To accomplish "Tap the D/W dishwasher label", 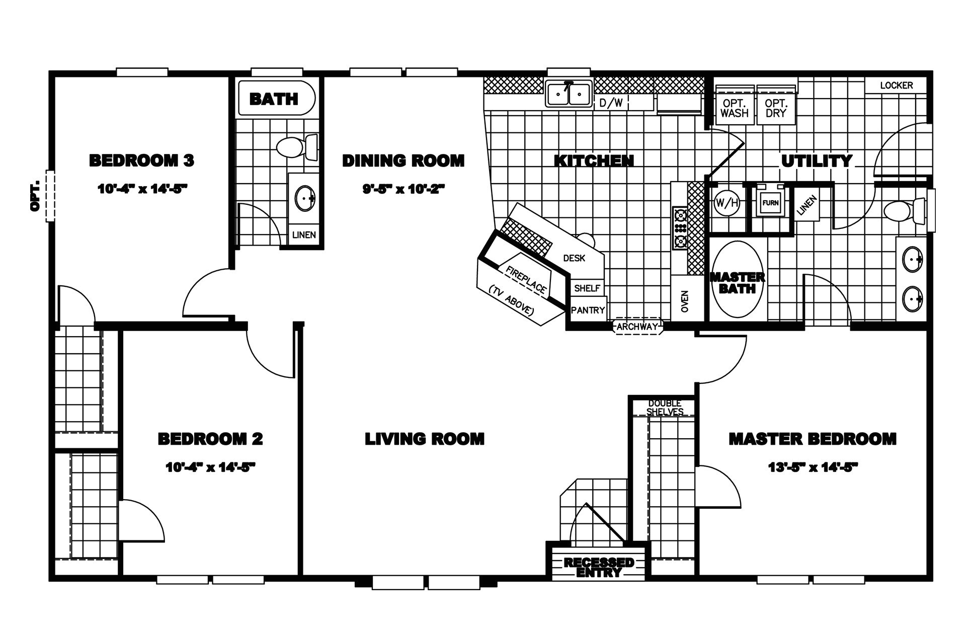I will click(x=611, y=104).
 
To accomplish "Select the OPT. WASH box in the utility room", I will click(x=734, y=108).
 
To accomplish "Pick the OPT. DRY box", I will click(x=776, y=108).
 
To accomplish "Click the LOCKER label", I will click(x=896, y=86).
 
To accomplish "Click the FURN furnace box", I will click(x=770, y=203).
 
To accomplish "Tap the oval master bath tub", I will click(x=737, y=279).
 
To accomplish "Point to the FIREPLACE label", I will click(x=526, y=280).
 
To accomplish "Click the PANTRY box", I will click(x=588, y=310).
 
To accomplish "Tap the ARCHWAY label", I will click(x=637, y=327).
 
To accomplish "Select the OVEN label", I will click(x=685, y=301).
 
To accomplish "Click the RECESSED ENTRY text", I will click(x=599, y=567).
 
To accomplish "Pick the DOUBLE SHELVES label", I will click(x=665, y=408).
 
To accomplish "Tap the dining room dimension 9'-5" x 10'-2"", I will click(x=404, y=189).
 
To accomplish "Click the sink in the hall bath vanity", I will click(x=305, y=198).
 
